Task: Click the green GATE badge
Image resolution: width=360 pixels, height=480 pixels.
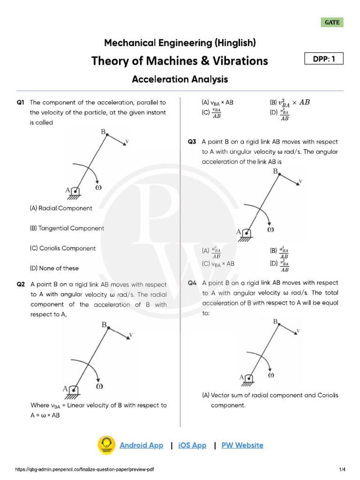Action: coord(332,22)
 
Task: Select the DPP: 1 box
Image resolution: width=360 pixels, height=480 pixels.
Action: coord(324,59)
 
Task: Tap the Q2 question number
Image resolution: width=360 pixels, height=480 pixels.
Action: coord(20,284)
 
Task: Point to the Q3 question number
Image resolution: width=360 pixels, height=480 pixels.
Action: coord(191,141)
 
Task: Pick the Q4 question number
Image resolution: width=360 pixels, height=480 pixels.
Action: coord(192,283)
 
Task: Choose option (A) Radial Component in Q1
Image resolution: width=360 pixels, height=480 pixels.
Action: coord(61,208)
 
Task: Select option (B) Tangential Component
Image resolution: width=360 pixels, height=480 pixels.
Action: coord(67,228)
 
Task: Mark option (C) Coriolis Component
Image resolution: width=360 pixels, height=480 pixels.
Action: coord(62,248)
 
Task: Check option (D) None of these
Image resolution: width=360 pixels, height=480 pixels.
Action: coord(54,269)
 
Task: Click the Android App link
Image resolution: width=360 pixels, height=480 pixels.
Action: coord(142,445)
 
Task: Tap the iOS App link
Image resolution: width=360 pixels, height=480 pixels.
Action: coord(192,445)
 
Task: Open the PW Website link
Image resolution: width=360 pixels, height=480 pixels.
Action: coord(242,445)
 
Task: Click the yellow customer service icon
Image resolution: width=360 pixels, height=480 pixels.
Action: coord(106,445)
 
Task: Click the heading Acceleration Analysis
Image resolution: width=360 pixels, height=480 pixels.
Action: coord(180,79)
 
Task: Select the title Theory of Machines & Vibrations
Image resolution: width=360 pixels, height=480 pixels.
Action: coord(180,61)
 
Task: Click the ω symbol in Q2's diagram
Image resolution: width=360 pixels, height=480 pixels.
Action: coord(99,386)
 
